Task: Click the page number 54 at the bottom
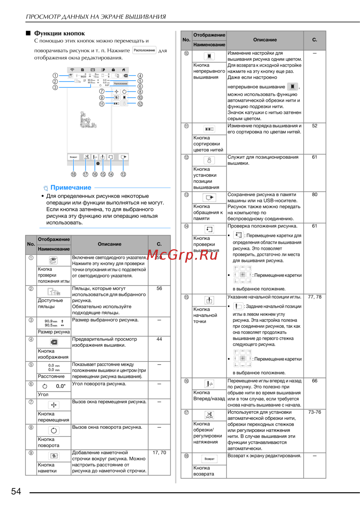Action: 16,491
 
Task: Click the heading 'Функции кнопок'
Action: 59,33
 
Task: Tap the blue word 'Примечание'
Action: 71,187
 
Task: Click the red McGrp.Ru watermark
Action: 183,255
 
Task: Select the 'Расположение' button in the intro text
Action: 144,50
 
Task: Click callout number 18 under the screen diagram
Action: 73,174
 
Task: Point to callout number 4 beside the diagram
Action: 140,76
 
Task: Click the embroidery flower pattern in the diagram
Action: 87,121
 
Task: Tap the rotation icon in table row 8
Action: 54,431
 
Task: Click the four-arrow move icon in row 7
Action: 54,405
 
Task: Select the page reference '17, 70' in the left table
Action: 159,453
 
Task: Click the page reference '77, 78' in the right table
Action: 315,297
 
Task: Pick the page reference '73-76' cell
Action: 315,412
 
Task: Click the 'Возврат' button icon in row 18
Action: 210,459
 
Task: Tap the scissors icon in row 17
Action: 209,415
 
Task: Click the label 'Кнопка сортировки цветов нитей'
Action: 208,144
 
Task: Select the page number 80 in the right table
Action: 315,195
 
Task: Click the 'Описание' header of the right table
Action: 265,40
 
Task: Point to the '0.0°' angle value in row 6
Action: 61,386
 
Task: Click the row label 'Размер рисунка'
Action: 54,332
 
